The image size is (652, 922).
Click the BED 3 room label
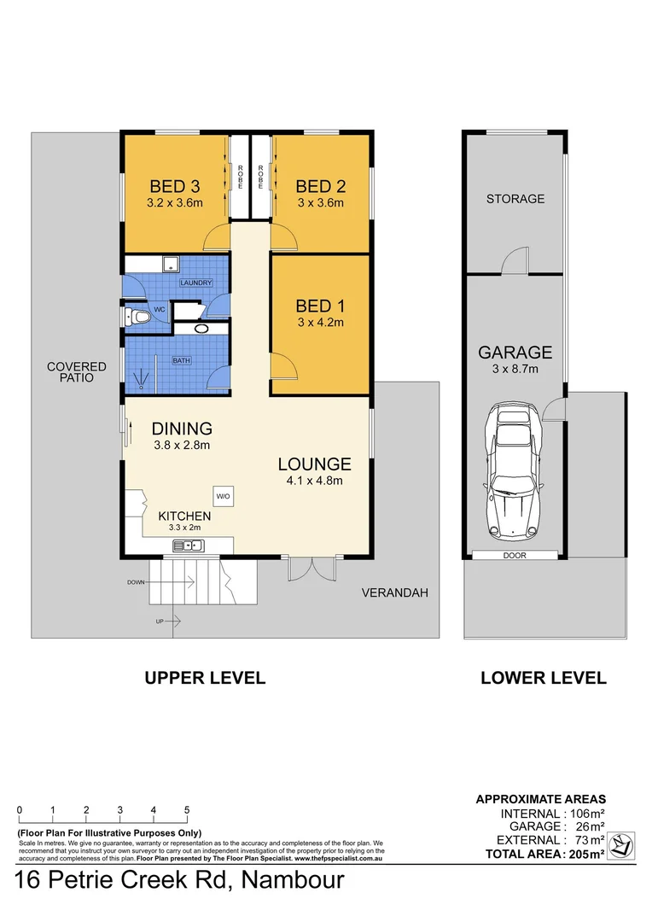click(176, 186)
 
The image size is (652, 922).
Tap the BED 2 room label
click(321, 186)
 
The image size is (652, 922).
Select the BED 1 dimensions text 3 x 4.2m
click(320, 323)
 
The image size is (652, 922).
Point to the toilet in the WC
click(138, 318)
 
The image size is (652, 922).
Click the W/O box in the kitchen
click(223, 496)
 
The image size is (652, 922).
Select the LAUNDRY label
click(195, 283)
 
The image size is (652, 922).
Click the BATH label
click(181, 361)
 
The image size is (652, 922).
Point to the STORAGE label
click(515, 199)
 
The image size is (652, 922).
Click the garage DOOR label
click(514, 555)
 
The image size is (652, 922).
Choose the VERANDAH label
click(393, 592)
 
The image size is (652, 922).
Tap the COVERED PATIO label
click(77, 373)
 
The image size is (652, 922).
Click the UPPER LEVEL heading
click(205, 679)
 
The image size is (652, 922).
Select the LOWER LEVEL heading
click(544, 679)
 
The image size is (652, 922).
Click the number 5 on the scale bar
click(186, 810)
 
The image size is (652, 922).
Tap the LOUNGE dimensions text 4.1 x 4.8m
click(314, 481)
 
